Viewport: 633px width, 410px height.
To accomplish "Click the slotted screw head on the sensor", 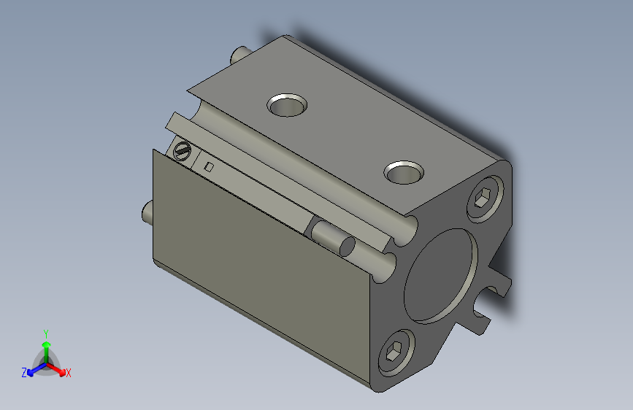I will pos(183,152).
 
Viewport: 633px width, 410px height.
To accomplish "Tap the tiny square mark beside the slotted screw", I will pos(209,167).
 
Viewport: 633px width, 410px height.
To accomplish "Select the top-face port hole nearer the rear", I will pos(287,105).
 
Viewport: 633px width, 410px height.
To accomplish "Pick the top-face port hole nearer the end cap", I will pos(404,173).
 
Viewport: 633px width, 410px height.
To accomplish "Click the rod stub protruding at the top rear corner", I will pos(238,54).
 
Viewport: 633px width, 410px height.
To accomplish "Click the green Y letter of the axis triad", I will pos(46,332).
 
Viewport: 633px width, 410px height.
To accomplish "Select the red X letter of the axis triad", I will pos(69,374).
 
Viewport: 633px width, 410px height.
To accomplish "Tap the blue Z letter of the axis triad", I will pos(24,372).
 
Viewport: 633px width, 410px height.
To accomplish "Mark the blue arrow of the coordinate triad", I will pos(34,369).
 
